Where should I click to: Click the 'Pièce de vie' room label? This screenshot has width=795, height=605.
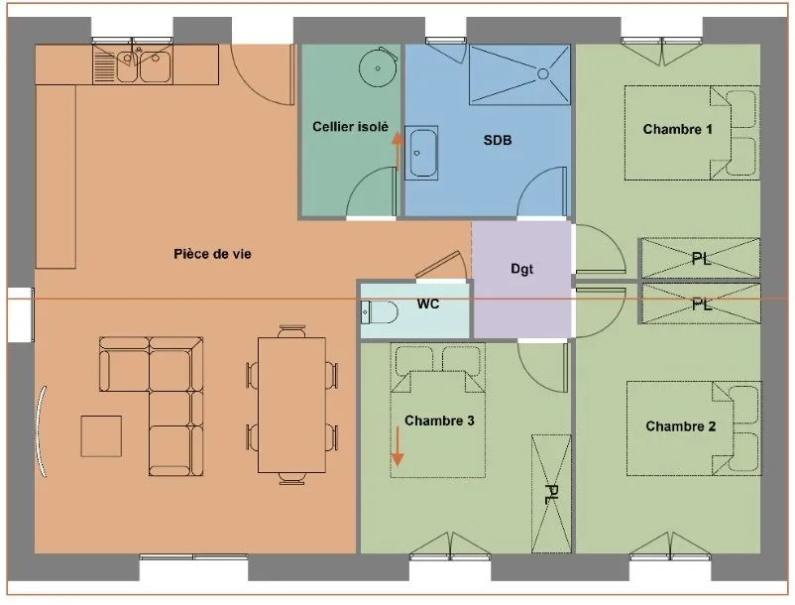pos(212,254)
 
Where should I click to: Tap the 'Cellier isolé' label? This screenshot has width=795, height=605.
pos(350,126)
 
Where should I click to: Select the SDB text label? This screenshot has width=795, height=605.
pos(498,140)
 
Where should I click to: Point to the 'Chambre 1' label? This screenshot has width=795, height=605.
pos(677,129)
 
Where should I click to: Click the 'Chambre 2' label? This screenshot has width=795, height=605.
pos(680,426)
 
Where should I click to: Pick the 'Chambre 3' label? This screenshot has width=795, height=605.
pos(439,421)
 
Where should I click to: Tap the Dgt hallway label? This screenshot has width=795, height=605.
pos(521,269)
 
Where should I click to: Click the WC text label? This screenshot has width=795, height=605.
pos(427,303)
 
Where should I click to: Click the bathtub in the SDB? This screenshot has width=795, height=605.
pos(421,153)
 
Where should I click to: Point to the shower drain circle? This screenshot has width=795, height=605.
pos(543,74)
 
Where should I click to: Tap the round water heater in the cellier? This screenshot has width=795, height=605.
pos(379,67)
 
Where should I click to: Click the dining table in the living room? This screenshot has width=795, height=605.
pos(291,405)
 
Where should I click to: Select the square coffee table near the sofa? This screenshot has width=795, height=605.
pos(101,436)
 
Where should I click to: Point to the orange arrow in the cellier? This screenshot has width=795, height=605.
pos(397,152)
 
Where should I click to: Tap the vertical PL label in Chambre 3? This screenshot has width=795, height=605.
pos(550,494)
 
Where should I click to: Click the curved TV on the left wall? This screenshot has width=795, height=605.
pos(41,431)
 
